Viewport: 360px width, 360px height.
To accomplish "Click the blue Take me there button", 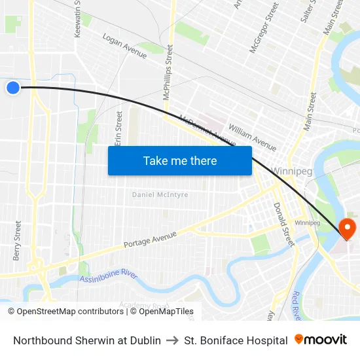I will coord(180,160).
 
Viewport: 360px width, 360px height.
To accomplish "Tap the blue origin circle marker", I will coord(13,88).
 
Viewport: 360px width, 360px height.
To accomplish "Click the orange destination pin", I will coord(346,228).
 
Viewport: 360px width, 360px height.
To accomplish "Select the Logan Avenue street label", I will coord(124,46).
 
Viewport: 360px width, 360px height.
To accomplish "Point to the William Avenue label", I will coord(252,136).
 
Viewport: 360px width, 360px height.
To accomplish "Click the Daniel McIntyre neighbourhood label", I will coord(160,194).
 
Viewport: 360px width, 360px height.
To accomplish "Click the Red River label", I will coord(297,304).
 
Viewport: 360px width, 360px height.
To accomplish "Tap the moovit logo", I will coord(321,340).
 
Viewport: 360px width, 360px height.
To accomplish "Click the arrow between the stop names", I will coord(172,340).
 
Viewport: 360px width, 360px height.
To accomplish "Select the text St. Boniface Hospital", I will coord(236,340).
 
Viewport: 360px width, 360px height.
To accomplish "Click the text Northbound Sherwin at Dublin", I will coord(87,340).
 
